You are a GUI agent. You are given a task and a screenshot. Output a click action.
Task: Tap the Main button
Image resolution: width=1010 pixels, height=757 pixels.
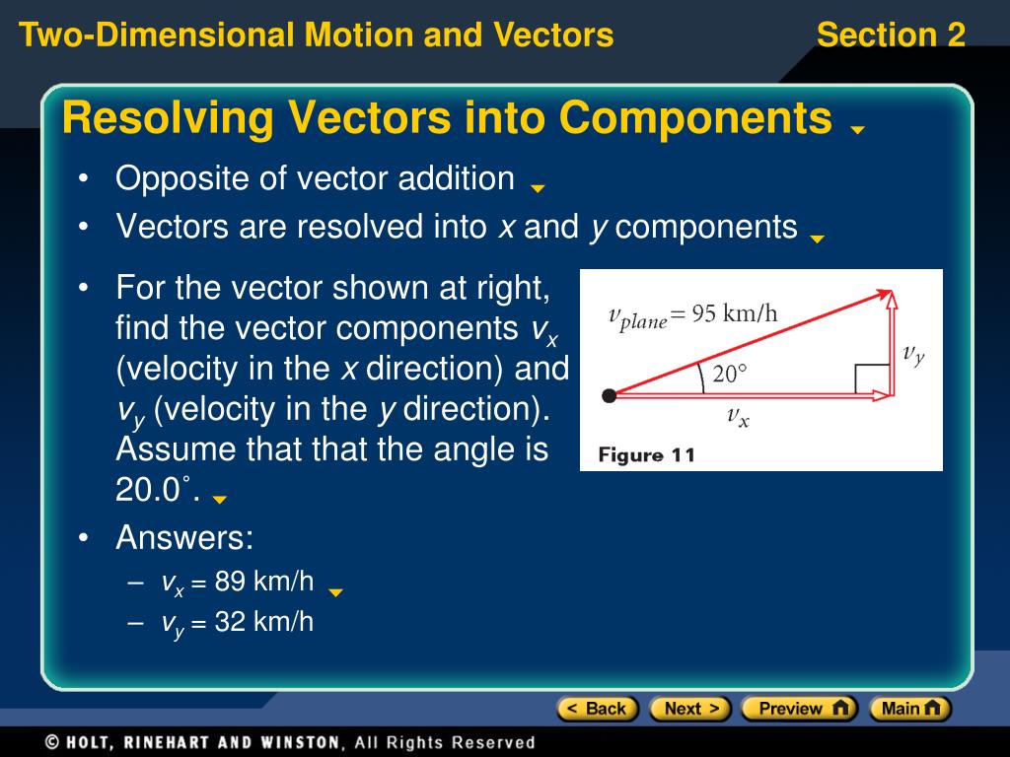point(909,708)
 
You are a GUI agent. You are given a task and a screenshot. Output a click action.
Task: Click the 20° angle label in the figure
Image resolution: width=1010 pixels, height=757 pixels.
point(731,375)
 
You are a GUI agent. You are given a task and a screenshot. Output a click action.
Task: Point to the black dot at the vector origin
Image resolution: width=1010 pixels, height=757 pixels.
point(610,395)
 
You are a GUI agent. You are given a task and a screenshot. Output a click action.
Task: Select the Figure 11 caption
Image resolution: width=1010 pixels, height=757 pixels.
point(647,454)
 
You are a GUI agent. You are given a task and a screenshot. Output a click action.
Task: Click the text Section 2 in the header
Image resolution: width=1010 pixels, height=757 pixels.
point(891,35)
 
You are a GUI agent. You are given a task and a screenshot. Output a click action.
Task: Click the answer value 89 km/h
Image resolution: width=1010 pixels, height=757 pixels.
point(263,582)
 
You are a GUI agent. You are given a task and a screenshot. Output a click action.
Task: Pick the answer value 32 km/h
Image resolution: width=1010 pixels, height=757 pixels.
point(263,622)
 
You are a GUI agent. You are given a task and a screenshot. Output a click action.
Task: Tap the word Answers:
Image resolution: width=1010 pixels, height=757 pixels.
point(184,538)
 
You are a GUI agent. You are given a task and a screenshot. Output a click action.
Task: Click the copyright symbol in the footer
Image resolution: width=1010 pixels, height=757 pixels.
point(52,742)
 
